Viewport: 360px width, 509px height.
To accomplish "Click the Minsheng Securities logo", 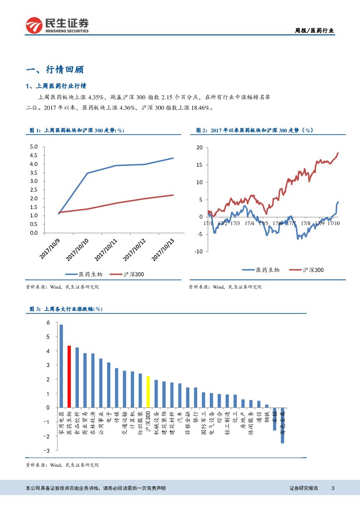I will pos(57,25).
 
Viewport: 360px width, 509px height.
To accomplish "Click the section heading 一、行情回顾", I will pos(55,70).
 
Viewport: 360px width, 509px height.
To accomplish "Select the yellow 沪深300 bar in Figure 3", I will pos(148,392).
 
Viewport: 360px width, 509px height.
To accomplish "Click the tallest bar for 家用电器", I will pos(61,366).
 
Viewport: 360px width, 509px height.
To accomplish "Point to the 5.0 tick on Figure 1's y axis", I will pos(34,147).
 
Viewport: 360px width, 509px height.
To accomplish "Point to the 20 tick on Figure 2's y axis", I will pos(200,148).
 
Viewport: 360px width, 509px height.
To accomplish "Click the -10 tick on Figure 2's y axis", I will pos(198,252).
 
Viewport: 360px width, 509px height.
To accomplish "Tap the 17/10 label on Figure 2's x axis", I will pos(333,223).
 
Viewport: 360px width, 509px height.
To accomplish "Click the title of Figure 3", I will pos(66,309).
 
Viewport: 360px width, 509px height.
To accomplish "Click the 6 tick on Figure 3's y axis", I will pos(48,323).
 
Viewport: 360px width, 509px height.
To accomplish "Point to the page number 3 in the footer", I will pos(333,488).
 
